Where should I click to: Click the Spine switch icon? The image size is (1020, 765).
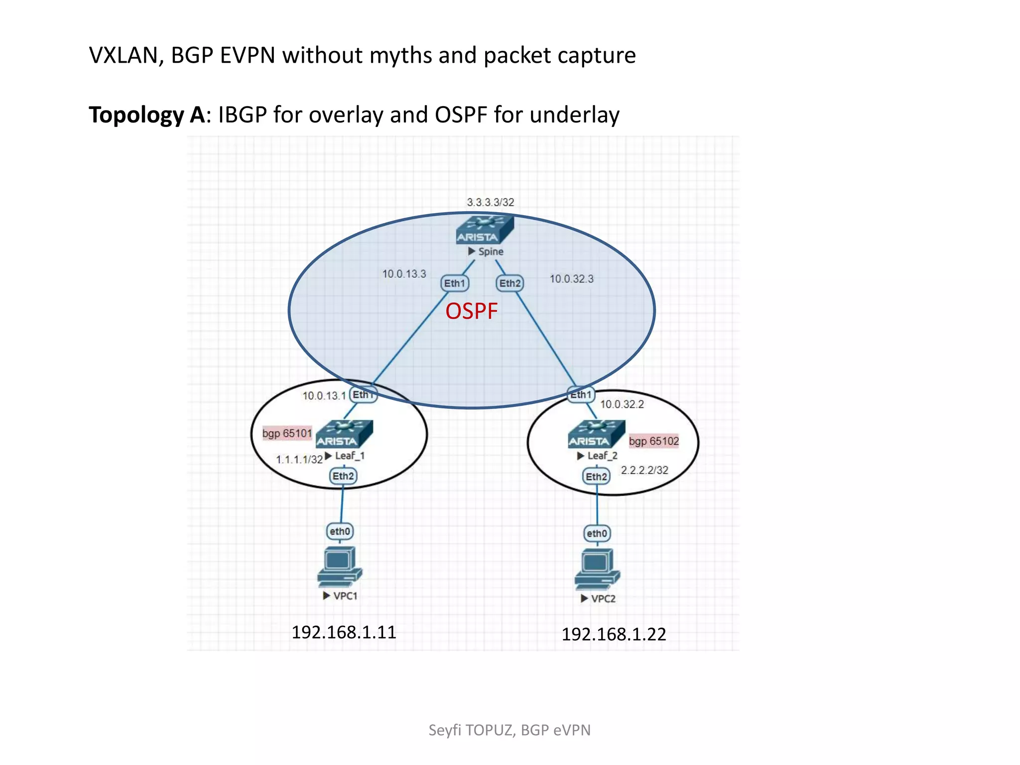point(484,230)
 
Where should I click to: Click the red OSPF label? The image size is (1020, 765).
point(471,312)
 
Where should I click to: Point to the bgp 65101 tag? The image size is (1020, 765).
point(287,433)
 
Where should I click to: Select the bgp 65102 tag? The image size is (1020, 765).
point(653,441)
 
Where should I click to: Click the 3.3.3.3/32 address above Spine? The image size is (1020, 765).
point(490,202)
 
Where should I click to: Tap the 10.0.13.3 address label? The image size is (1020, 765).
point(404,274)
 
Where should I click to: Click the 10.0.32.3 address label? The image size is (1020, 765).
point(571,279)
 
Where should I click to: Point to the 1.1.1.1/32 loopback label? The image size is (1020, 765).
point(299,460)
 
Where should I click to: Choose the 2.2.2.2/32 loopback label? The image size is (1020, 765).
point(644,470)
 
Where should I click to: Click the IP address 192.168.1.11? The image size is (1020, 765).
point(344,633)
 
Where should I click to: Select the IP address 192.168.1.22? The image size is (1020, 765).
point(614,635)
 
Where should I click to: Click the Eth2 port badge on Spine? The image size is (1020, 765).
point(510,283)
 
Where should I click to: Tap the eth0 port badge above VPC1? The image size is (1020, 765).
point(340,531)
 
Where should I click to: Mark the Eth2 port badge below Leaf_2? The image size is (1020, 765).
point(596,477)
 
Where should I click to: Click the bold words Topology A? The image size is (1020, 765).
point(146,115)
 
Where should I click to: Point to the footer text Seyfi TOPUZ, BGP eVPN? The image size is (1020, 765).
point(510,730)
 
